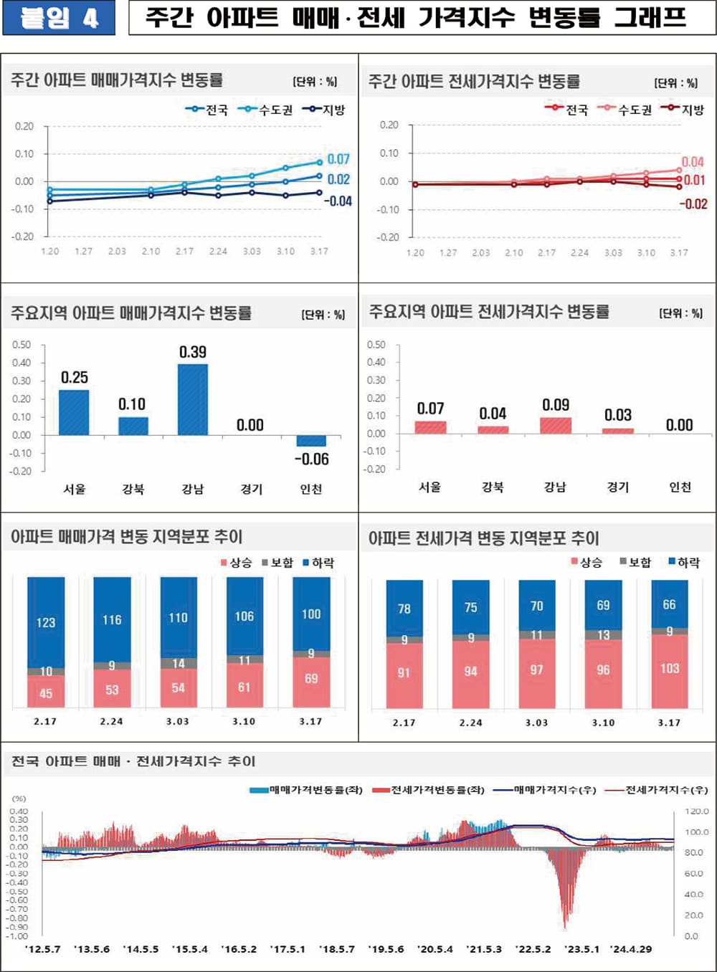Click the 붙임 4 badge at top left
[x=58, y=18]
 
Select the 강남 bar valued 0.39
[x=192, y=399]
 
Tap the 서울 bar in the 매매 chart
[x=74, y=412]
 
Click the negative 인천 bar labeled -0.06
[x=311, y=441]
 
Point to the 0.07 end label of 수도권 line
[x=338, y=159]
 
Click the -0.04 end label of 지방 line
[x=338, y=201]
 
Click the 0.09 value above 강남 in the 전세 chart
[x=556, y=405]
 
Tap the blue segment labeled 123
[x=46, y=622]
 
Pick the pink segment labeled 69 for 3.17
[x=311, y=679]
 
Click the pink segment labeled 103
[x=669, y=669]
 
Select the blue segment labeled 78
[x=404, y=609]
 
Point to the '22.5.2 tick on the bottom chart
[x=533, y=949]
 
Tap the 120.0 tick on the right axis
[x=696, y=811]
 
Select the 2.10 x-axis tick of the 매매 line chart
[x=151, y=252]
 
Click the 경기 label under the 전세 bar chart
[x=617, y=487]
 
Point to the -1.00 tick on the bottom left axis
[x=18, y=936]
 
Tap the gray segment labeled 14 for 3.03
[x=179, y=664]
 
